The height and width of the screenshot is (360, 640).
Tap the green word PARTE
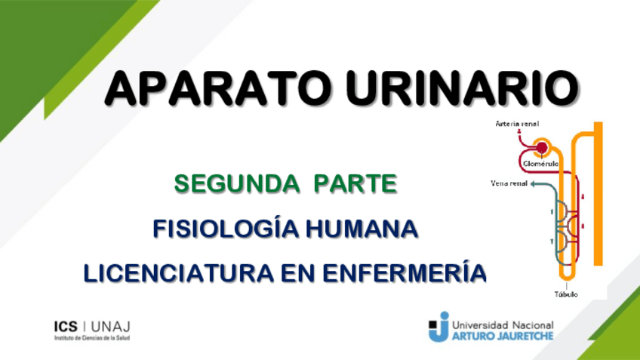355,183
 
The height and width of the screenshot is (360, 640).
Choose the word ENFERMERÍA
407,272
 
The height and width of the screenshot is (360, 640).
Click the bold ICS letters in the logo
66,326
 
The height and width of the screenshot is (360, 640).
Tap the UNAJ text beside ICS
111,326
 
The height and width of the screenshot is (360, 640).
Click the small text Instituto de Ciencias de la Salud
91,339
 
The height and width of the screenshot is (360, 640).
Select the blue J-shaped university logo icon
439,328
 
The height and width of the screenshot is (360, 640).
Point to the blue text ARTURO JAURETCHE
502,336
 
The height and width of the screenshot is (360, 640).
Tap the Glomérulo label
540,163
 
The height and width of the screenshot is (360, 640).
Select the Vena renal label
509,183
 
